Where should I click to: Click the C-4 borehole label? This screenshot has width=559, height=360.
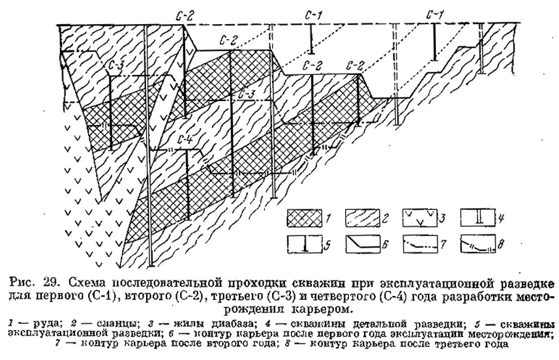point(185,140)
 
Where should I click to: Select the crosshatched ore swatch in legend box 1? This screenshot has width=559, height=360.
point(305,218)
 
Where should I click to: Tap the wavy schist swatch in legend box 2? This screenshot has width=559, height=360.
point(362,218)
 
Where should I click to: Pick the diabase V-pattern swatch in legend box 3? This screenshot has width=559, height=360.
point(421,217)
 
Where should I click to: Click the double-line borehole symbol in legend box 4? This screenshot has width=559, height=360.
point(480,217)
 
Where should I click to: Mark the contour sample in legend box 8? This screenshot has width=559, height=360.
point(477,245)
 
